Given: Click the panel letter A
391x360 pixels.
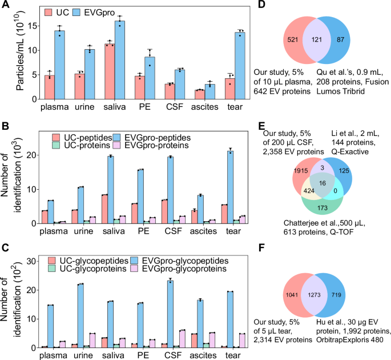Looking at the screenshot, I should point(6,6).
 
